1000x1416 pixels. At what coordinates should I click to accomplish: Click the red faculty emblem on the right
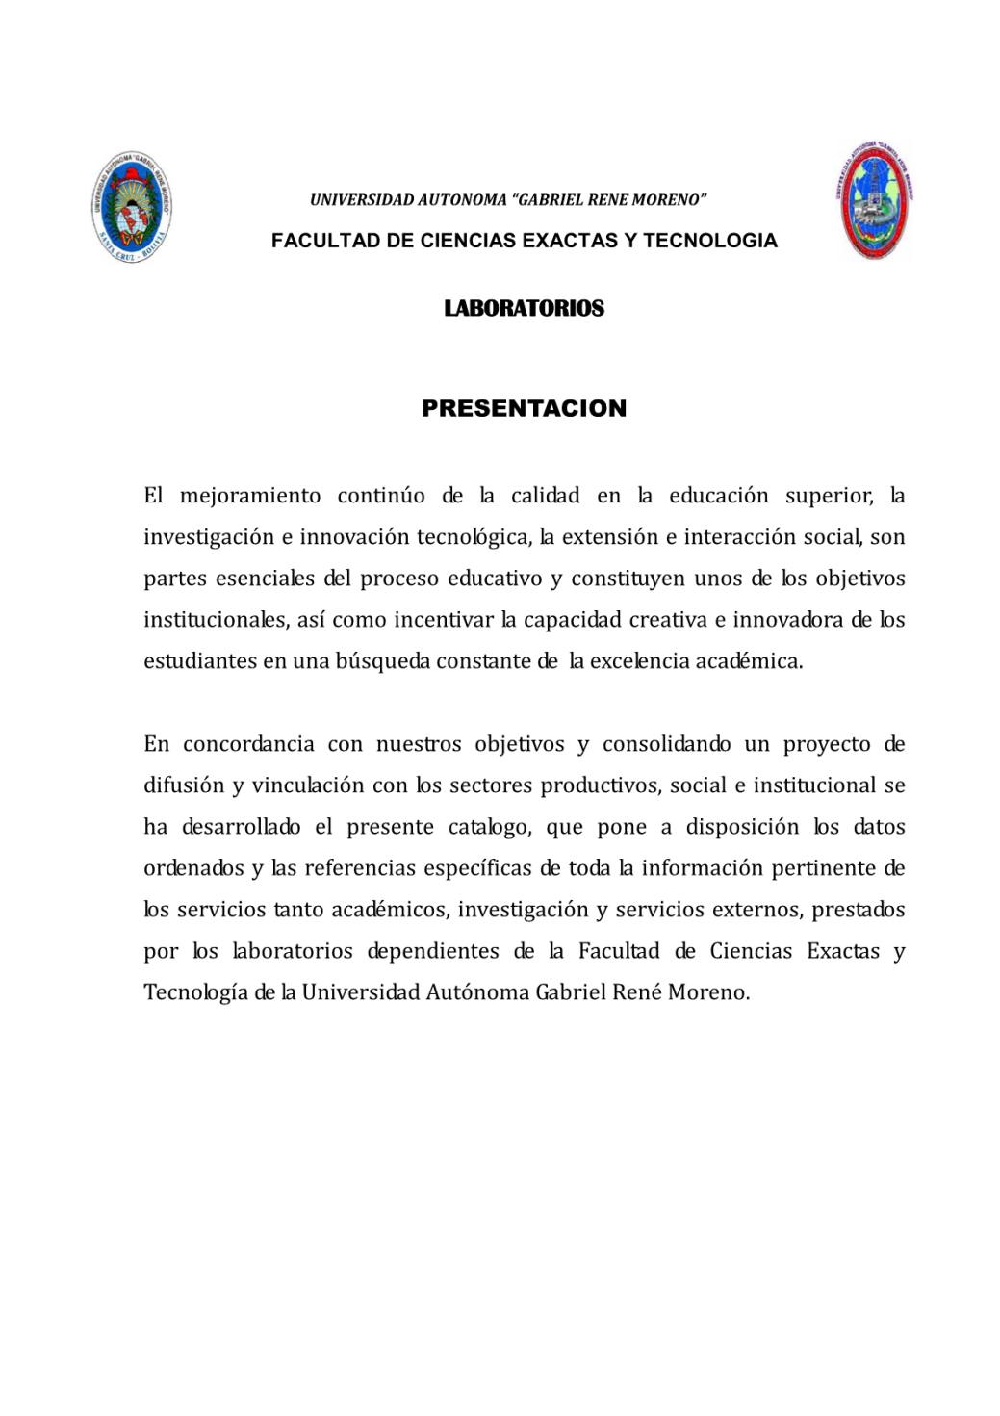pos(874,201)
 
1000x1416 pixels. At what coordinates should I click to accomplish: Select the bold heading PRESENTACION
pos(524,408)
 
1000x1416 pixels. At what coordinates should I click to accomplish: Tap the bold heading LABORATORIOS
pos(524,308)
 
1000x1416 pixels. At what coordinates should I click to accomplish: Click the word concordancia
pos(248,744)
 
